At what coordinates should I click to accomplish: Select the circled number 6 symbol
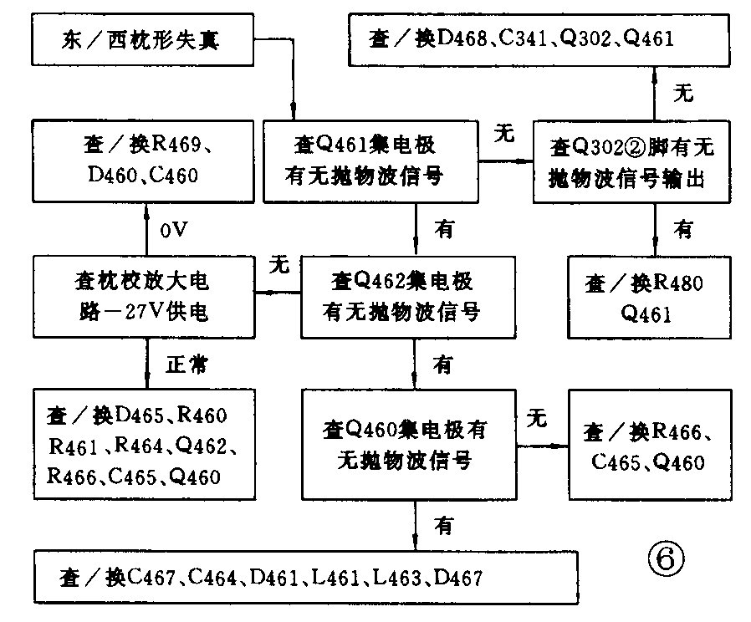[666, 557]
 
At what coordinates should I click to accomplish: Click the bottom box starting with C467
[305, 578]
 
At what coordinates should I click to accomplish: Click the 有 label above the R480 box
[683, 228]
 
